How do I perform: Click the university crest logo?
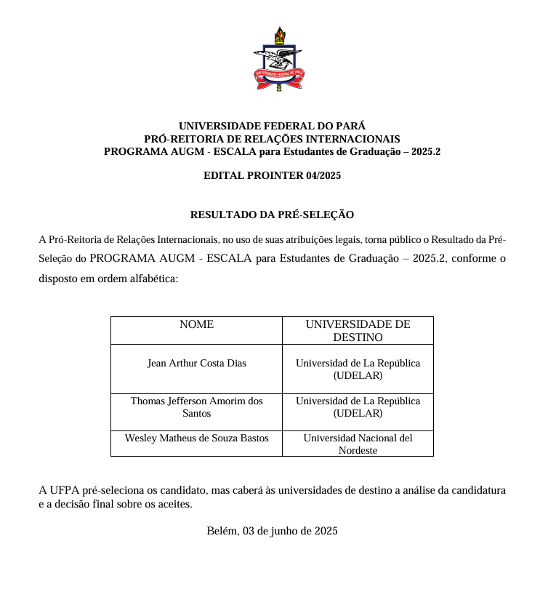[x=278, y=59]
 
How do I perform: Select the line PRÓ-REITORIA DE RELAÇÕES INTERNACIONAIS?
[x=272, y=139]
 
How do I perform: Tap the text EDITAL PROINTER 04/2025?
[x=272, y=175]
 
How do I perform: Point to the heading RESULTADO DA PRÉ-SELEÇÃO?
[x=272, y=215]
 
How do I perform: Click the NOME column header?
[x=196, y=324]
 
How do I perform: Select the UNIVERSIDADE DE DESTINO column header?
[x=358, y=330]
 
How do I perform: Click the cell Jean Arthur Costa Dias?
[x=196, y=363]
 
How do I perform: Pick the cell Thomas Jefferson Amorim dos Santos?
[x=196, y=407]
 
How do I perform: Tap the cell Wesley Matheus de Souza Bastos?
[x=196, y=438]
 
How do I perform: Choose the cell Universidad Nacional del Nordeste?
[x=358, y=444]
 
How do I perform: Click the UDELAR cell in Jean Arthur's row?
[x=358, y=369]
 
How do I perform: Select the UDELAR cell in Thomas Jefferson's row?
[x=358, y=407]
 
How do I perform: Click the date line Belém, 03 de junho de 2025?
[x=272, y=531]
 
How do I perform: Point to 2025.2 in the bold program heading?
[x=424, y=152]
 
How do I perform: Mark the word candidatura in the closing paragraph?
[x=478, y=490]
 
